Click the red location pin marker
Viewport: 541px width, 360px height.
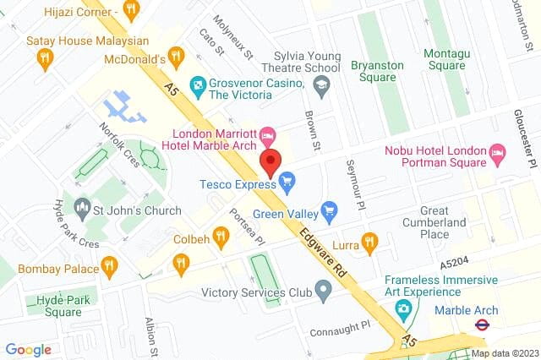270,162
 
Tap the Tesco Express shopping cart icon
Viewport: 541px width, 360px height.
287,179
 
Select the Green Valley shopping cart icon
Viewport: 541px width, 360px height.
330,209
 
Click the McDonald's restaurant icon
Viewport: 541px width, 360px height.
176,57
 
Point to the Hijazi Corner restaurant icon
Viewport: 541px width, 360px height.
130,10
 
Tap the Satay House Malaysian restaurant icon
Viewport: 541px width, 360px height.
46,57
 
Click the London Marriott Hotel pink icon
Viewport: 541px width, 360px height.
267,134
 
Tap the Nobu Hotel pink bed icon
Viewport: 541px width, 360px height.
498,154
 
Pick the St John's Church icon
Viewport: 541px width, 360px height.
83,206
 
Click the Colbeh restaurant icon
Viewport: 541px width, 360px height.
221,237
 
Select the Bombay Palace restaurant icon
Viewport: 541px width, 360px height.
109,267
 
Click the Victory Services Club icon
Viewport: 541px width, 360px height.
323,293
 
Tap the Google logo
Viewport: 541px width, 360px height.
29,349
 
